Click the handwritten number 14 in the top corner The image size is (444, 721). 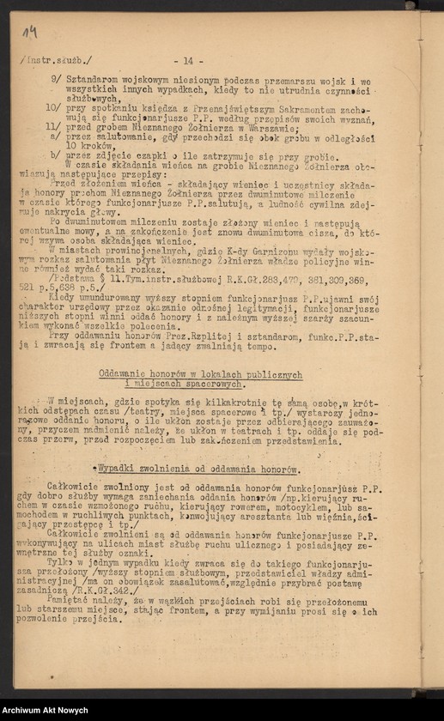[30, 33]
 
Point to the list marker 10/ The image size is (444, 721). [53, 110]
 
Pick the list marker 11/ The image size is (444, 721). [53, 127]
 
